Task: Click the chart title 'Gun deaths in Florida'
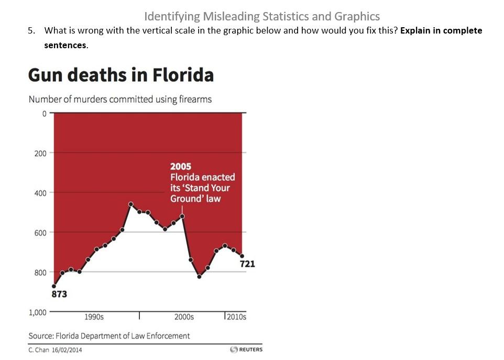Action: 120,75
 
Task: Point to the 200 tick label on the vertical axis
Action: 40,153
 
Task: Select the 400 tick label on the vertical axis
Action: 40,193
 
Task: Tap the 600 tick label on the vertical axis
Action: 40,232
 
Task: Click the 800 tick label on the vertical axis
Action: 40,272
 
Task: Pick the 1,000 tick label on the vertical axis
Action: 37,312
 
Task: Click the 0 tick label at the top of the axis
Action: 45,113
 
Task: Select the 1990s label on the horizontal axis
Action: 94,317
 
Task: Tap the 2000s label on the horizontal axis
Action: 184,317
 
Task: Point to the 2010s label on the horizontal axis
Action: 236,317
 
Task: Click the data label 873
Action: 59,294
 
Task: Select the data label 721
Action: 247,264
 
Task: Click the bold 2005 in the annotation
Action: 181,167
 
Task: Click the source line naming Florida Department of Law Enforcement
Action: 109,335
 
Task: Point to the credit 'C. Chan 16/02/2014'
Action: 55,350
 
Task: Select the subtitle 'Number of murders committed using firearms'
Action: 120,99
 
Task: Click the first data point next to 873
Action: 54,286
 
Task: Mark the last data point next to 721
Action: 242,256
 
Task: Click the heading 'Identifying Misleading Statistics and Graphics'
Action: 262,16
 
